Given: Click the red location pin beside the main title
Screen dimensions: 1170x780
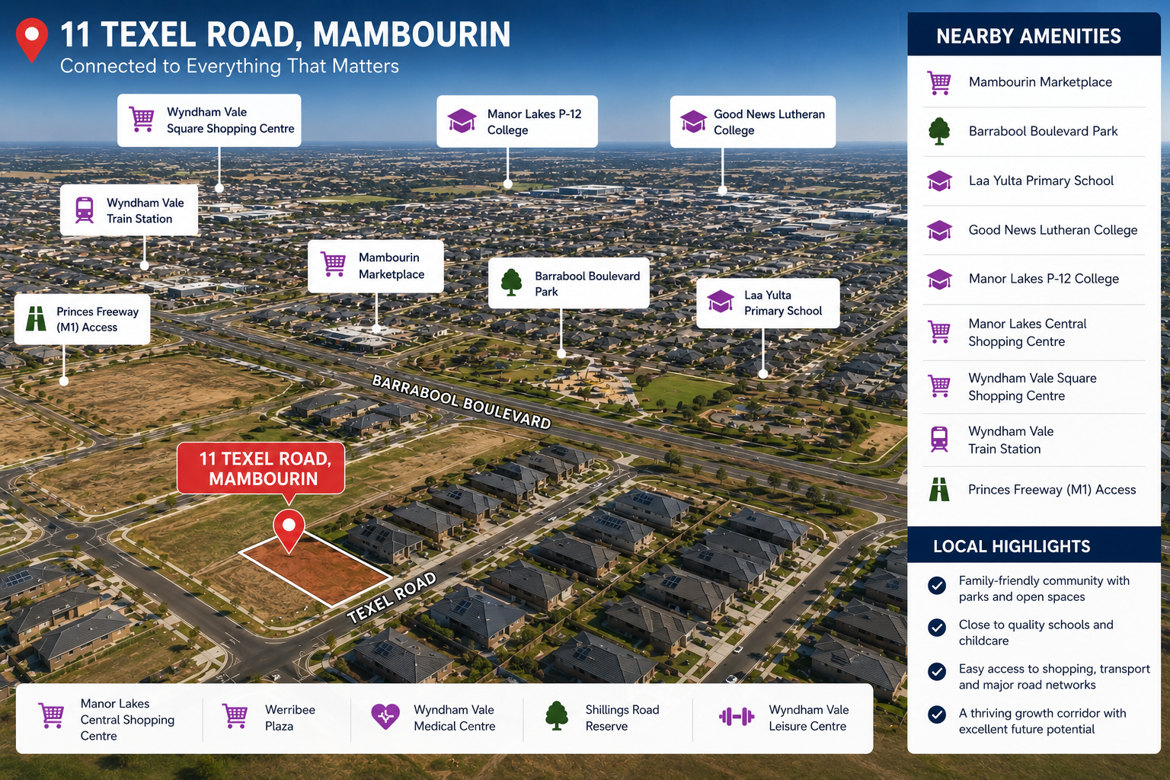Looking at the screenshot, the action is [x=32, y=39].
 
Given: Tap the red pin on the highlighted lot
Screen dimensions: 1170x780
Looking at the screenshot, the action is [x=289, y=529].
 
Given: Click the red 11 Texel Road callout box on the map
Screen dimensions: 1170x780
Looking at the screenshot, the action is [x=261, y=468].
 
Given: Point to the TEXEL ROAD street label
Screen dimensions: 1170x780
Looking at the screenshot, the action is [x=392, y=597].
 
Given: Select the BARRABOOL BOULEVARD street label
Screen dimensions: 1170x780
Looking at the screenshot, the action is [x=462, y=401].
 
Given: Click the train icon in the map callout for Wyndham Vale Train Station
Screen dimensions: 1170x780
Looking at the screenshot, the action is [x=84, y=210].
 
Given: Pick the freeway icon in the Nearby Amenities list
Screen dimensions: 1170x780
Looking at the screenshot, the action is [x=939, y=490].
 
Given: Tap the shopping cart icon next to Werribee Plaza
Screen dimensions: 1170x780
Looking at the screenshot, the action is [x=235, y=716].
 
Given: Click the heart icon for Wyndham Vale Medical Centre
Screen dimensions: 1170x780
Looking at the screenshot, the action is [x=385, y=716].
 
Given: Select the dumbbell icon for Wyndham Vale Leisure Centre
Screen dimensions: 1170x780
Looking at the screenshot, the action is [x=737, y=717].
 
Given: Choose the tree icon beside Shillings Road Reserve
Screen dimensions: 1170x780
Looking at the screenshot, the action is [x=557, y=716].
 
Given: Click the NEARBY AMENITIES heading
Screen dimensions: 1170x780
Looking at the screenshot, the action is [x=1028, y=36].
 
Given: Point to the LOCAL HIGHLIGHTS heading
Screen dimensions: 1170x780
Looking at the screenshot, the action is [x=1012, y=546].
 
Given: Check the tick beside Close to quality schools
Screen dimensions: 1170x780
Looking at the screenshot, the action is [x=937, y=628].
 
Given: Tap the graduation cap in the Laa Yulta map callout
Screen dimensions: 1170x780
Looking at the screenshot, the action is [x=721, y=302].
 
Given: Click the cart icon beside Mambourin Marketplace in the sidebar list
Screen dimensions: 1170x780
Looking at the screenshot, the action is [x=939, y=82].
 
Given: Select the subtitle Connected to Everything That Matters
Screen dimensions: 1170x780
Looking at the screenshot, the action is [x=229, y=66].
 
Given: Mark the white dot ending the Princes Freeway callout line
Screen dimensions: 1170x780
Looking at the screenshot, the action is [x=64, y=381].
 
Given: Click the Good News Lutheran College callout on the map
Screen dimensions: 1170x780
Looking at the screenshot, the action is [x=753, y=122].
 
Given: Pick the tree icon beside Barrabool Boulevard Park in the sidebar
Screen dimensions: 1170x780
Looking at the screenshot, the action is [x=939, y=130].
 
